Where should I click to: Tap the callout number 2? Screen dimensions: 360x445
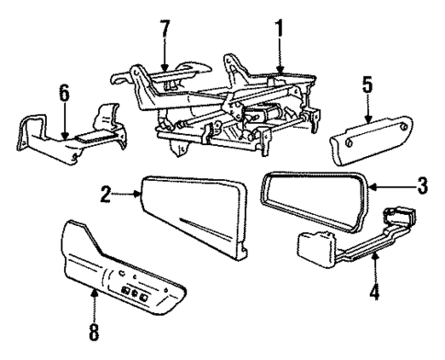click(x=108, y=195)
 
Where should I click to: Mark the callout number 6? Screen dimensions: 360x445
click(x=62, y=94)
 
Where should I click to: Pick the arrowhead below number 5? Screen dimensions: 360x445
click(x=366, y=123)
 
